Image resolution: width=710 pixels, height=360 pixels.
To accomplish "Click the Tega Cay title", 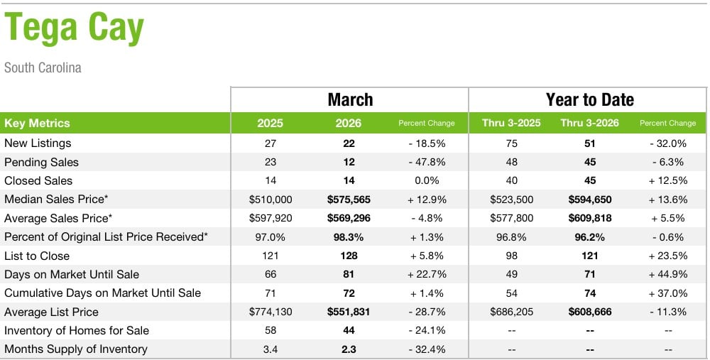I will (75, 28).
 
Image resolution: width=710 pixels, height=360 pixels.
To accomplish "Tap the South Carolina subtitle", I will (43, 68).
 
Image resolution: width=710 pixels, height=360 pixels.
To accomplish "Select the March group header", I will (349, 99).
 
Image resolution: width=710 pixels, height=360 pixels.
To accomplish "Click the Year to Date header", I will (589, 99).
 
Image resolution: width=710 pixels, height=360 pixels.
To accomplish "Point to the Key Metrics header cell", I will (37, 123).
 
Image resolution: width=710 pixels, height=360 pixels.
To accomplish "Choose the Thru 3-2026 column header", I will (589, 123).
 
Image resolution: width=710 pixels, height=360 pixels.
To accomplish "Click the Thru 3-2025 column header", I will (511, 123).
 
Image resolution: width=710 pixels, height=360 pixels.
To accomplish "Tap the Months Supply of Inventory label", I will (75, 349).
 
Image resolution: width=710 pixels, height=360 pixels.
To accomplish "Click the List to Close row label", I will (37, 256).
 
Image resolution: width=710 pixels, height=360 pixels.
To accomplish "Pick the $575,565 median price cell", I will (349, 200).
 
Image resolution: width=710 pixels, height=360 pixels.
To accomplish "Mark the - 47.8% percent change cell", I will (426, 162).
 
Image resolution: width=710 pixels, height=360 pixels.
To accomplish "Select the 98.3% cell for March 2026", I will (349, 237).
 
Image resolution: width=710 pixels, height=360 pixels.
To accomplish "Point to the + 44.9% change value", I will (667, 274).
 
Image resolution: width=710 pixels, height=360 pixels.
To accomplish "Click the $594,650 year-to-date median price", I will (589, 200).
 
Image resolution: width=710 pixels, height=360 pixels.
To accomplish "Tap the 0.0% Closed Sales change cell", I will (426, 180).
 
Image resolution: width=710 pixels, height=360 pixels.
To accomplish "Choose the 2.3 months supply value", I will (349, 349).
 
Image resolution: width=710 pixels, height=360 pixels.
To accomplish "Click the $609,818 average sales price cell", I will (589, 218).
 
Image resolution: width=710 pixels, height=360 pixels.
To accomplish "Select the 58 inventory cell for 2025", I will (270, 330).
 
